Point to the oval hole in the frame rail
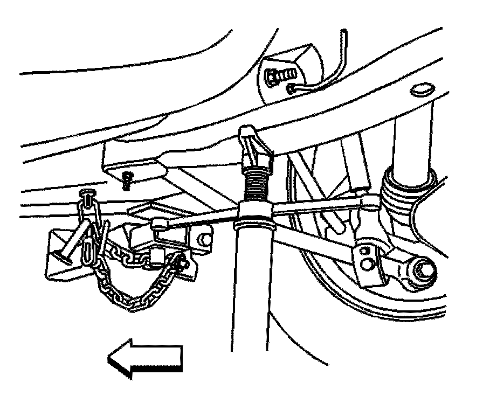[x=421, y=89]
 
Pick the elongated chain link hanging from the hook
[x=88, y=253]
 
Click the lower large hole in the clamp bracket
[x=368, y=264]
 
